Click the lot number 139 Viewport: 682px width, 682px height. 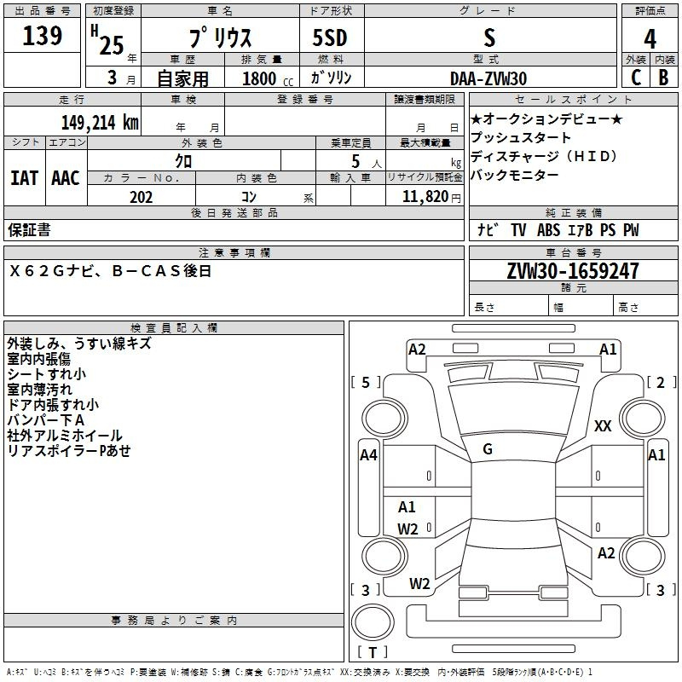coord(43,37)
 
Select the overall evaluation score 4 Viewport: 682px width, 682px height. coord(650,39)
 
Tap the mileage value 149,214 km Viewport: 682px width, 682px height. coord(100,122)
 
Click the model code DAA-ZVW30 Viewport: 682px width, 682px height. coord(488,78)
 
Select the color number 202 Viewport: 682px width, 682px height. coord(142,197)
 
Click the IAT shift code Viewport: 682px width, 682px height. coord(24,178)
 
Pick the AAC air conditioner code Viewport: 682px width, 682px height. coord(66,178)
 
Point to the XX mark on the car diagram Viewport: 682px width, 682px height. coord(603,426)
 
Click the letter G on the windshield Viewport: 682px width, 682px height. coord(488,449)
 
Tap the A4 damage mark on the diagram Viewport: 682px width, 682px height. coord(368,455)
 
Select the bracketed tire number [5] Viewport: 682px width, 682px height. coord(367,382)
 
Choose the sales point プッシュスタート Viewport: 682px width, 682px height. coord(521,138)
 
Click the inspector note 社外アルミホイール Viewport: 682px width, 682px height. coord(65,436)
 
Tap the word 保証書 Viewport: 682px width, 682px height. coord(29,230)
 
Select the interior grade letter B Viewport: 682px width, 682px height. coord(663,78)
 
